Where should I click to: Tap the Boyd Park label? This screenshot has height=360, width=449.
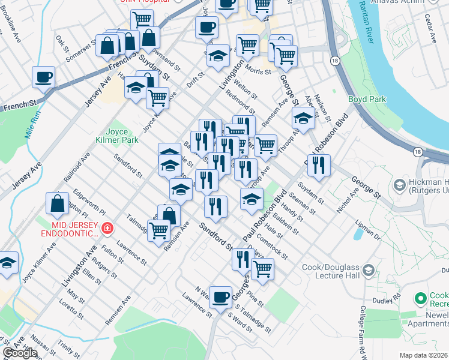tap(367, 99)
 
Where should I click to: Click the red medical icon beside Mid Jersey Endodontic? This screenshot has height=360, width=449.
tap(107, 228)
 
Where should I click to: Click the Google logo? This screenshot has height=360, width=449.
tap(19, 353)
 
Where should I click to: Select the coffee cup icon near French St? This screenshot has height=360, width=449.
tap(44, 77)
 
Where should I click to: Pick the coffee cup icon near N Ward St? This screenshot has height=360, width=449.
tap(220, 296)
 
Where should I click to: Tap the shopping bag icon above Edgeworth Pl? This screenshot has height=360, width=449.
tap(57, 203)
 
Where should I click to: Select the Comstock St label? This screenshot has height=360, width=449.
tap(273, 247)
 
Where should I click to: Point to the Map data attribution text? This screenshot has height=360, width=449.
tap(423, 355)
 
